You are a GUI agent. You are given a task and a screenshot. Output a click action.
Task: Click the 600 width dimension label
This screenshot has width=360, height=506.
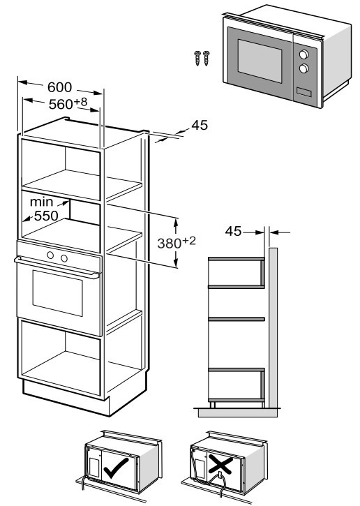[60, 87]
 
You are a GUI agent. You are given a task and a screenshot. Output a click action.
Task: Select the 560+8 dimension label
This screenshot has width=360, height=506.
[68, 103]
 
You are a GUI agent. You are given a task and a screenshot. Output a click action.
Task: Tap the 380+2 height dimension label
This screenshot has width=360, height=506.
[177, 242]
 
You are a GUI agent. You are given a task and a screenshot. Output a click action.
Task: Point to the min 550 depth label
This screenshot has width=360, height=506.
[44, 209]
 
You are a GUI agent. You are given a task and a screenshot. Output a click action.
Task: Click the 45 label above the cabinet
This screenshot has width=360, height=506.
[200, 125]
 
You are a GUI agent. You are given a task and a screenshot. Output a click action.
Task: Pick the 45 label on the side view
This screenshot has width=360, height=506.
[233, 231]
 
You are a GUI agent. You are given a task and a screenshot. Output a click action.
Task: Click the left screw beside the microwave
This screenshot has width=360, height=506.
[197, 58]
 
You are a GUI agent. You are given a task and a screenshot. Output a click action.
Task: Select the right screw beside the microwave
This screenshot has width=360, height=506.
[206, 58]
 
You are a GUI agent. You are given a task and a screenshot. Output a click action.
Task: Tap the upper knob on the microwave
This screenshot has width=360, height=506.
[304, 54]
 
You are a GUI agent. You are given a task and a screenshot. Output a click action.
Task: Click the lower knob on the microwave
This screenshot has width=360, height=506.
[304, 68]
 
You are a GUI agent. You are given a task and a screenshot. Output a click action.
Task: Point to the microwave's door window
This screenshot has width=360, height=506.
[260, 61]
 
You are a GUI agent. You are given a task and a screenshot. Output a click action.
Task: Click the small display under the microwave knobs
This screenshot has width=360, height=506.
[304, 92]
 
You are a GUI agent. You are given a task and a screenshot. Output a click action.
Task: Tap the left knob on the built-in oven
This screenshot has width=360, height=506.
[50, 255]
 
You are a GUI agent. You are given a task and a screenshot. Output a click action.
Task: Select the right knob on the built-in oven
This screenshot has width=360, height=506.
[64, 258]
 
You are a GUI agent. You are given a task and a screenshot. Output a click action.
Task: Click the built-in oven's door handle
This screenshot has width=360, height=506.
[57, 267]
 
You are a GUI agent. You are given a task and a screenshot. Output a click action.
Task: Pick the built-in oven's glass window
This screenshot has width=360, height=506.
[58, 293]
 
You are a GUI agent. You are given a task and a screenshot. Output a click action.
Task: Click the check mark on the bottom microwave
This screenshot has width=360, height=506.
[116, 468]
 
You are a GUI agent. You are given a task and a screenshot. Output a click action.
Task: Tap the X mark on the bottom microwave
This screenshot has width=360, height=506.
[220, 464]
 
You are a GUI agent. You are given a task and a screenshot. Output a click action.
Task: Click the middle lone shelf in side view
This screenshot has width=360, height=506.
[237, 319]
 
